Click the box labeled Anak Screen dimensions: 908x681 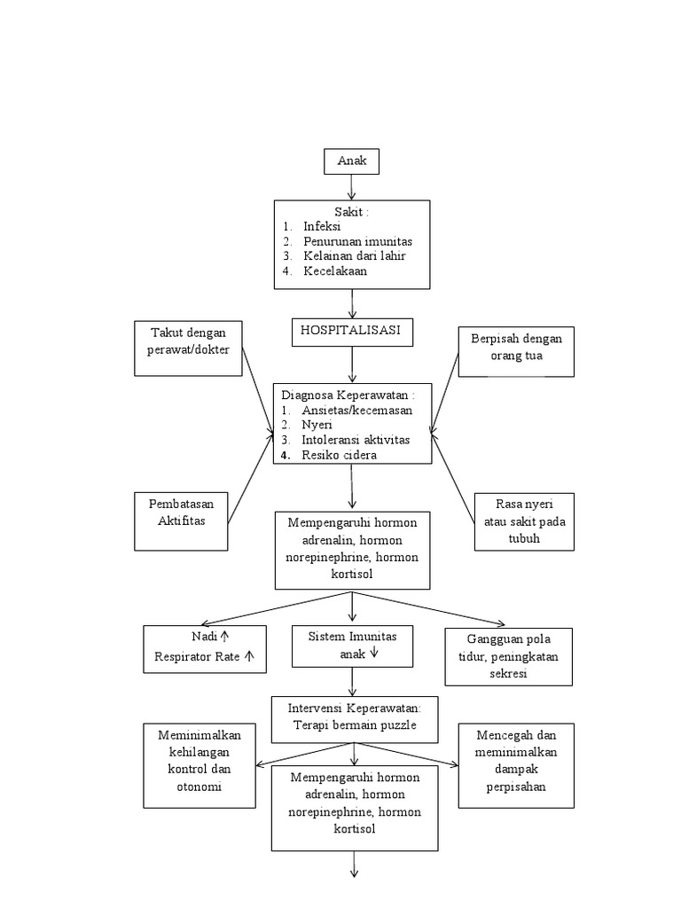(x=352, y=161)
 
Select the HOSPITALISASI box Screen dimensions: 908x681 (x=351, y=331)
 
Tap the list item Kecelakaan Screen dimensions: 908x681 (x=334, y=271)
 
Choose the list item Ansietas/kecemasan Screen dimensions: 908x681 (x=356, y=411)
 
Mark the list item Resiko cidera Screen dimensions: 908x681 (x=340, y=455)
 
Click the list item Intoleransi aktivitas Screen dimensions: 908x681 (x=356, y=440)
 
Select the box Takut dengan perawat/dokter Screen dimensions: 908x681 (x=189, y=348)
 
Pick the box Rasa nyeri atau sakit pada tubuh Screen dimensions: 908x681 (x=523, y=521)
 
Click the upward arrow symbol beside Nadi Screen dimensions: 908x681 (x=225, y=637)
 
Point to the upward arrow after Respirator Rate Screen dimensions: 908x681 (x=249, y=657)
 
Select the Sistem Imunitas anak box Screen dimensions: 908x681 (x=352, y=646)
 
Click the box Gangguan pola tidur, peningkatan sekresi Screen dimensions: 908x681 (x=508, y=657)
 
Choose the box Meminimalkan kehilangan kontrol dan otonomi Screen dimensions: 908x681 (x=200, y=765)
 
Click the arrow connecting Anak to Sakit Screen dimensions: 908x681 (x=352, y=186)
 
